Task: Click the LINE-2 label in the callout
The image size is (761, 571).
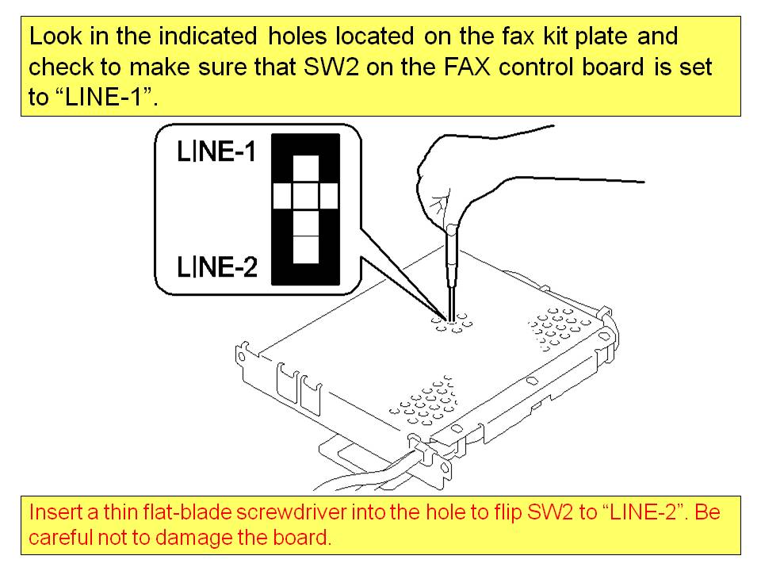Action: [x=217, y=266]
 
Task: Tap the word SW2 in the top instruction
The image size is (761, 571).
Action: [x=331, y=67]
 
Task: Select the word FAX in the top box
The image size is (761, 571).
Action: [x=467, y=67]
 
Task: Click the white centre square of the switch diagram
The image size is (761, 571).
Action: [x=306, y=196]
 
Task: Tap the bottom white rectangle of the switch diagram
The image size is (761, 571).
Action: [x=306, y=250]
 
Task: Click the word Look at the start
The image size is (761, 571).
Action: [x=55, y=36]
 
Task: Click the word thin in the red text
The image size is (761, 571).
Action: [x=120, y=512]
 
